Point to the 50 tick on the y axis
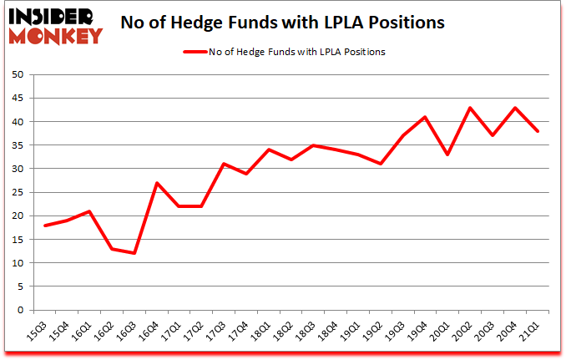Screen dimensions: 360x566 (x=17, y=74)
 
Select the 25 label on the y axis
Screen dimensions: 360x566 (x=17, y=192)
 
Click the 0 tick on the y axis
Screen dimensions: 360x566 (x=19, y=310)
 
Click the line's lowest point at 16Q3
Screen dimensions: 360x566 (x=134, y=253)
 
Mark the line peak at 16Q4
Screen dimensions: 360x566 (x=157, y=183)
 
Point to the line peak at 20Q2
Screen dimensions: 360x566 (x=471, y=108)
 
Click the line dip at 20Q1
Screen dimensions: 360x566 (x=448, y=155)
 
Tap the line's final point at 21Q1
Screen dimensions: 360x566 (x=538, y=131)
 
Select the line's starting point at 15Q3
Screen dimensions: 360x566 (x=44, y=226)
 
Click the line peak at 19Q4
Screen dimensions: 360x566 (x=426, y=117)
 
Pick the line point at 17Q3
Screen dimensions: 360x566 (x=224, y=164)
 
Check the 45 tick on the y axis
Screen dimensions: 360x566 (x=17, y=98)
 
